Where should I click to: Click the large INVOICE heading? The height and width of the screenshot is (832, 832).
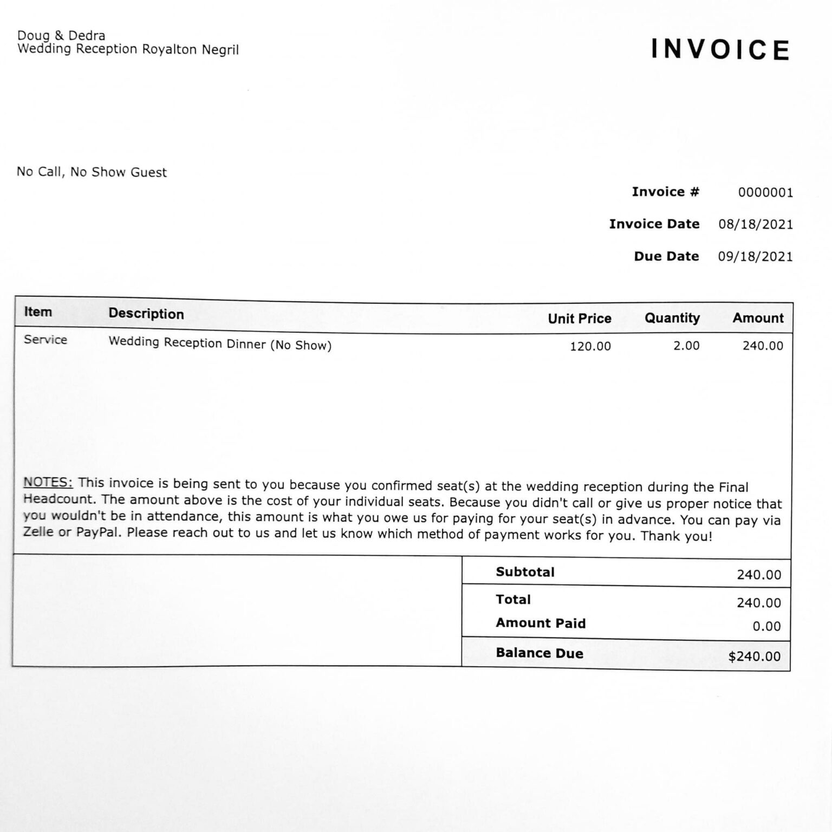720,49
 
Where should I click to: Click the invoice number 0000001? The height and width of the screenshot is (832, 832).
765,192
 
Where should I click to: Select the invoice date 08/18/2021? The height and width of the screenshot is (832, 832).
756,224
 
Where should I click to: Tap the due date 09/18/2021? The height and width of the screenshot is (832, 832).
755,256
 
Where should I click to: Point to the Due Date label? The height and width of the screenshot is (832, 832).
666,256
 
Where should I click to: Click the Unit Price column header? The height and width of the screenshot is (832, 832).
579,318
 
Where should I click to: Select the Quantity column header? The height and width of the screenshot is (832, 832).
672,318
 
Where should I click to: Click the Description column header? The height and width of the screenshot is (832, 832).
146,314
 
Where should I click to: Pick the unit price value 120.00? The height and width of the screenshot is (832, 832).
590,346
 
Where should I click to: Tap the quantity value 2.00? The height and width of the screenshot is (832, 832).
686,346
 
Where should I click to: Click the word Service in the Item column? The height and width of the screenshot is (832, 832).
45,340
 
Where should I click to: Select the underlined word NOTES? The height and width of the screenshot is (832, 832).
48,482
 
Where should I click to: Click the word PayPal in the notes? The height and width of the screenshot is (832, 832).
98,532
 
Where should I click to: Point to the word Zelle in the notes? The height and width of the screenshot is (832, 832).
38,531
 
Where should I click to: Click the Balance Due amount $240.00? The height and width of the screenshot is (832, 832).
754,656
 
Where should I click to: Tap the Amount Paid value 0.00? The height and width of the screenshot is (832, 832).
766,626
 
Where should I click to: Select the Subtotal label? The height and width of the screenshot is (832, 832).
525,572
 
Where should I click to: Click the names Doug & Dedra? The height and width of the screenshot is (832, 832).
61,36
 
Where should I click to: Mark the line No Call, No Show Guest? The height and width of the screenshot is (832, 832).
92,172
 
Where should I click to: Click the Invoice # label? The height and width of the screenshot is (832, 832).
665,192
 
